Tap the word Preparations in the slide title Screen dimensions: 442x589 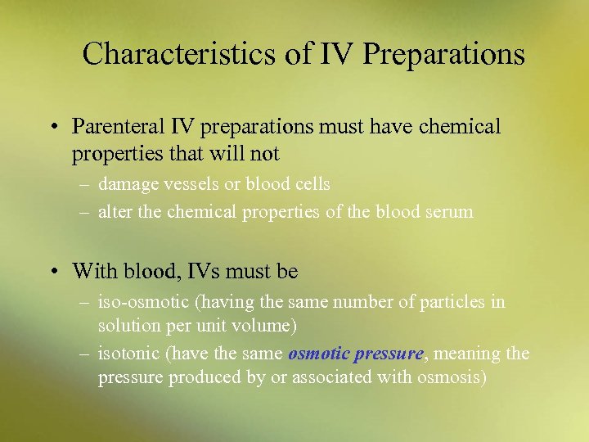pyautogui.click(x=443, y=54)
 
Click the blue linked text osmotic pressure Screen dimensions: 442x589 pyautogui.click(x=356, y=354)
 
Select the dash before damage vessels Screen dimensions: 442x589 pyautogui.click(x=84, y=185)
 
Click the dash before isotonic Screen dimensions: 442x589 pyautogui.click(x=84, y=354)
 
